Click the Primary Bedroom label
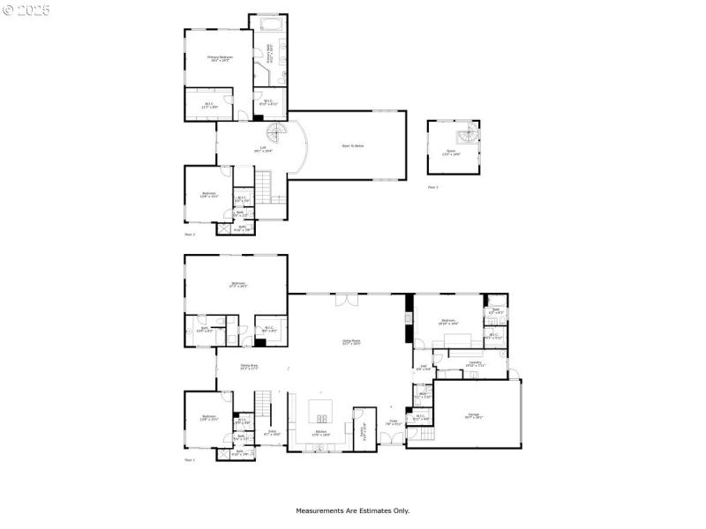point(219,59)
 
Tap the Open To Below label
point(353,146)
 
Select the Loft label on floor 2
point(263,149)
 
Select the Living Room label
point(351,342)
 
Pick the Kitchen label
point(321,434)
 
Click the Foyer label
point(395,424)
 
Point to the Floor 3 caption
point(432,187)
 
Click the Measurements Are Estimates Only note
point(352,510)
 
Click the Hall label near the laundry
point(424,368)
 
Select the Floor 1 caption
point(189,460)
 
